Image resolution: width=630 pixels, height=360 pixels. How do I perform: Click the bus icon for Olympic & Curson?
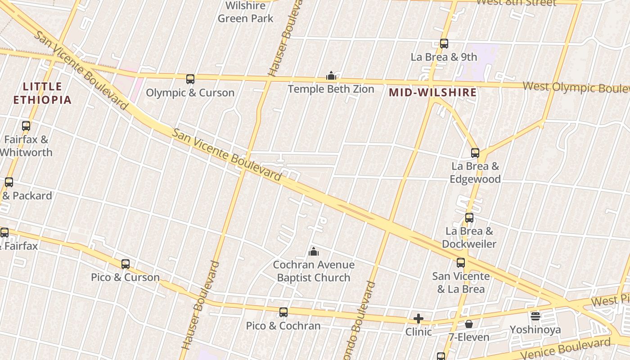pos(190,79)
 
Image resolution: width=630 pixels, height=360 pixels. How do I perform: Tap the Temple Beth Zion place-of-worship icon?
pos(331,75)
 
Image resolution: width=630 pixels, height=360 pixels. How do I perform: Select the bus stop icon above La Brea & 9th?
pos(444,44)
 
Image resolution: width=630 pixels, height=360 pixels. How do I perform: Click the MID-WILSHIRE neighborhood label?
pos(432,93)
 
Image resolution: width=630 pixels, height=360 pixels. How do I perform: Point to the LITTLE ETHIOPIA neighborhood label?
pos(42,93)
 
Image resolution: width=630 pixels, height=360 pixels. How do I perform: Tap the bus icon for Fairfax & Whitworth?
pos(26,126)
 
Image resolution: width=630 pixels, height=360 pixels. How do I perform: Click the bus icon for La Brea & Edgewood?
pos(475,153)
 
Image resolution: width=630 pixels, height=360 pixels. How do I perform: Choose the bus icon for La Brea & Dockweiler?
pos(469,218)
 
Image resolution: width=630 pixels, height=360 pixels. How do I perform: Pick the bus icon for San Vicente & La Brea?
pos(461,263)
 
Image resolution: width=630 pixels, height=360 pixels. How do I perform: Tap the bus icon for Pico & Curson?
pos(126,264)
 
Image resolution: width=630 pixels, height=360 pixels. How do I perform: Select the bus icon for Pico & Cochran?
pos(283,312)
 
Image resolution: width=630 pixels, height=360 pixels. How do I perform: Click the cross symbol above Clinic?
pos(418,319)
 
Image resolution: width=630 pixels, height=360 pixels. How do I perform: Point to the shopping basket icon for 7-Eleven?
pos(469,324)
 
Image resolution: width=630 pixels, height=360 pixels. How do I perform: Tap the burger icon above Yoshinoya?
pos(535,316)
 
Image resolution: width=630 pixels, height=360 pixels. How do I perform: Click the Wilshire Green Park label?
pos(245,12)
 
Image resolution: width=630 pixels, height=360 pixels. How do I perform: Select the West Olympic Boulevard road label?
pos(576,87)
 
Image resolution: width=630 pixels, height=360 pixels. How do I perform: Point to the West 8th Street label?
pos(516,3)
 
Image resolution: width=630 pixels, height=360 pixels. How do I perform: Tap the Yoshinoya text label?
pos(535,330)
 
